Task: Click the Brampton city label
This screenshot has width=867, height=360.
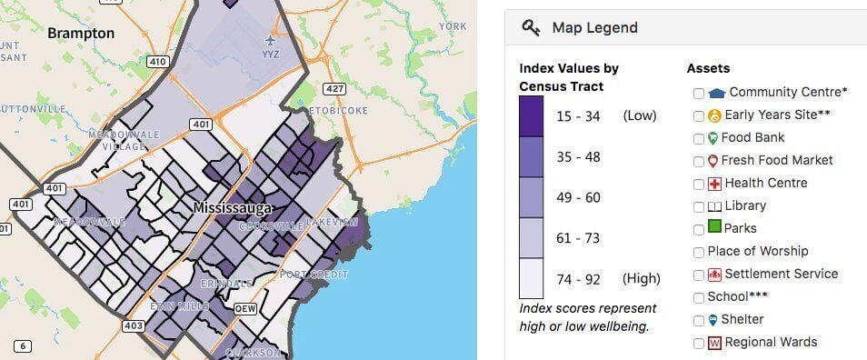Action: coord(81,34)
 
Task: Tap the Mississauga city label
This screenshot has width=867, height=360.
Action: coord(234,208)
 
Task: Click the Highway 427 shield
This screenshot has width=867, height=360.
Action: coord(335,88)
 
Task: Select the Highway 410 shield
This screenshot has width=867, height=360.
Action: coord(157,62)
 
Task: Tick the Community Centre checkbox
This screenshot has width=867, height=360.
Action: coord(698,93)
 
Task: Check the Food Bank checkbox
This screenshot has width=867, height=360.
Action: coord(698,138)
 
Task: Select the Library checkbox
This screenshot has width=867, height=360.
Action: coord(698,206)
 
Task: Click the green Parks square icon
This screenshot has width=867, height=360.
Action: coord(714,228)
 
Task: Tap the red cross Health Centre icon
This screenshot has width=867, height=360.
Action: coord(714,184)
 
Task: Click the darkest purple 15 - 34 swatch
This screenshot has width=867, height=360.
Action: coord(532,115)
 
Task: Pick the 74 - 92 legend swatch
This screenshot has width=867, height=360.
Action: coord(532,278)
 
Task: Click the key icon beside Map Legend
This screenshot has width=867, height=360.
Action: coord(531,28)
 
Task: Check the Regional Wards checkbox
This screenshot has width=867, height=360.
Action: coord(698,343)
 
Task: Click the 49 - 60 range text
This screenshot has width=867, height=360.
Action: coord(576,197)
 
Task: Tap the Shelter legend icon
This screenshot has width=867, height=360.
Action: coord(713,320)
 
